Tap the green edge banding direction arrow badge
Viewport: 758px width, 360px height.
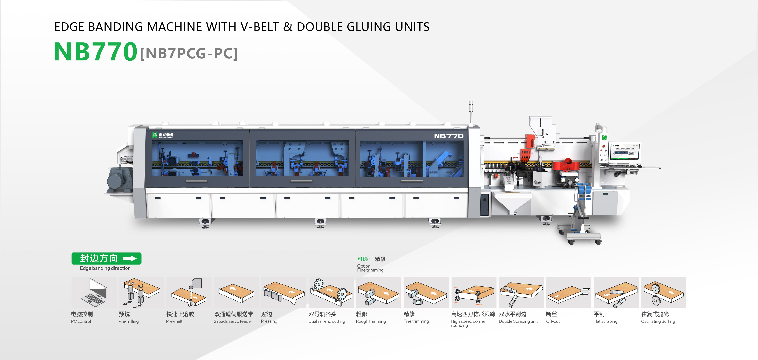click(106, 258)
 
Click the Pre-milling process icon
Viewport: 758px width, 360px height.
click(141, 293)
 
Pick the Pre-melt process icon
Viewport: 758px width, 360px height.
click(189, 293)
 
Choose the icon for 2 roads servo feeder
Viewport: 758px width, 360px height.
click(236, 293)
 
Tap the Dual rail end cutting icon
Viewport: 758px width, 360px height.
click(331, 293)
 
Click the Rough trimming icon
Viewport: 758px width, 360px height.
click(378, 293)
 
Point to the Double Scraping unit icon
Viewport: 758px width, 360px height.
click(521, 293)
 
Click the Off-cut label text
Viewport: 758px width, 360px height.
click(553, 321)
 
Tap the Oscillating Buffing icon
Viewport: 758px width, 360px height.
click(664, 293)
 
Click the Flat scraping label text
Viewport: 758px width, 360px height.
click(605, 321)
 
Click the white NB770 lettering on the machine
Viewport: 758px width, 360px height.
click(449, 136)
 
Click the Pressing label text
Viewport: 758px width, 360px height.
click(269, 321)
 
